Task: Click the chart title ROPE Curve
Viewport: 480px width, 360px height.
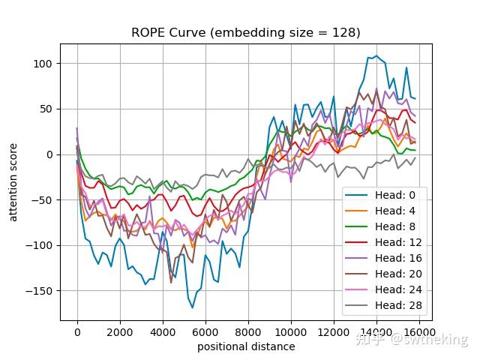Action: click(246, 32)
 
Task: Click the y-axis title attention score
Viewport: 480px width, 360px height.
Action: click(13, 181)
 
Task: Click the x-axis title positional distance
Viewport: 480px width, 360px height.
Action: click(246, 346)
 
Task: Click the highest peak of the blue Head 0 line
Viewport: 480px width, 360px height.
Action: click(376, 56)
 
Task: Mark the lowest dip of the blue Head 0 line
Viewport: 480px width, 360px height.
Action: click(193, 307)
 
